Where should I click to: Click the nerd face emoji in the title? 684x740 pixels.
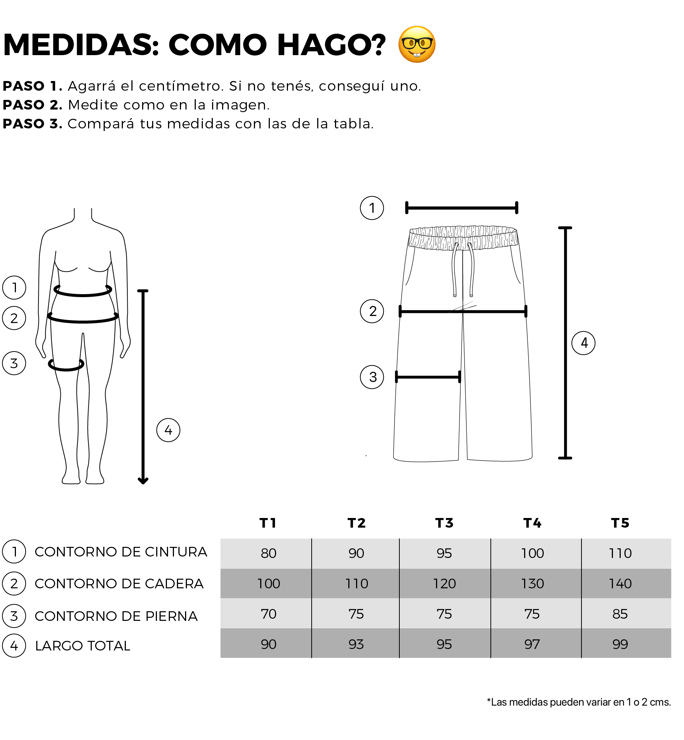click(x=417, y=44)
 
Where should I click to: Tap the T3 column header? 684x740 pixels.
click(x=444, y=523)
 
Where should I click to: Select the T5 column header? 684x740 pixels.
click(x=620, y=523)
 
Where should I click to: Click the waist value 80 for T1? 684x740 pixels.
click(x=268, y=553)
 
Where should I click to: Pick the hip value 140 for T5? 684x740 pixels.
click(x=620, y=584)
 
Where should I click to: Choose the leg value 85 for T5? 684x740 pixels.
click(x=620, y=614)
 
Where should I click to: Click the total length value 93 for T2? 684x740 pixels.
click(x=356, y=645)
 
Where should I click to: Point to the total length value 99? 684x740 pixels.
click(x=620, y=645)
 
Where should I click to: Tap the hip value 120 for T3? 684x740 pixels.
click(x=444, y=584)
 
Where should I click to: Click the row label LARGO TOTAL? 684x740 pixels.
click(x=83, y=646)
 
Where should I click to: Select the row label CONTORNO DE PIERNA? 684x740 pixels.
click(x=116, y=616)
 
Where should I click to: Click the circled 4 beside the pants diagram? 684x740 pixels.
click(x=583, y=343)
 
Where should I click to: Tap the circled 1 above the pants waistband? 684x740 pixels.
click(x=372, y=208)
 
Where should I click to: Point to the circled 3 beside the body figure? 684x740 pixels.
click(x=14, y=363)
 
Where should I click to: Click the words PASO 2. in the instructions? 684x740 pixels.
click(x=33, y=105)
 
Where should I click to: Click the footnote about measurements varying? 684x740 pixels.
click(x=579, y=702)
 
